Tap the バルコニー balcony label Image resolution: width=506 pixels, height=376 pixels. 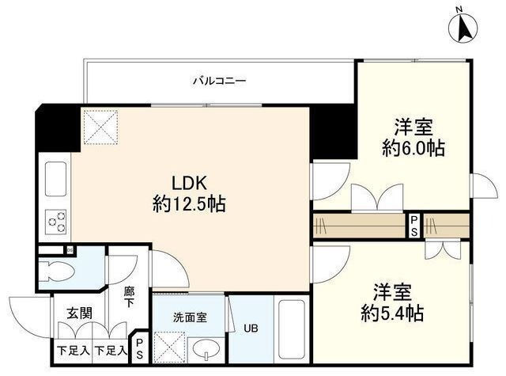[x=220, y=81]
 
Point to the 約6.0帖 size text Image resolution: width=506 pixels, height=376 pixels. [x=413, y=147]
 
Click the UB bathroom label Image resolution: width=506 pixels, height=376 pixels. [x=251, y=328]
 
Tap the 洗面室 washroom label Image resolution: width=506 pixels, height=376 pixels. [x=190, y=317]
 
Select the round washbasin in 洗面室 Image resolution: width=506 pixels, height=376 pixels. [x=206, y=349]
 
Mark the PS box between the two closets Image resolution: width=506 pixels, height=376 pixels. [x=413, y=226]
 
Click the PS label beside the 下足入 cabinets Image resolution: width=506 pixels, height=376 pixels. [x=140, y=349]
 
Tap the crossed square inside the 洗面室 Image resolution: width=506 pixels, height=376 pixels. [x=169, y=345]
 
